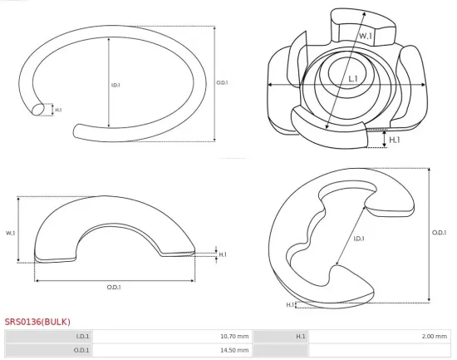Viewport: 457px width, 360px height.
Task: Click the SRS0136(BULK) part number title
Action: (x=37, y=321)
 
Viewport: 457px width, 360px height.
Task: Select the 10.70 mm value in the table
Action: (x=232, y=336)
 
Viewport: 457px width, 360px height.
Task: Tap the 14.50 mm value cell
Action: (x=232, y=350)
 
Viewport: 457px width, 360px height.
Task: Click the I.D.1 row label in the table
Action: (x=83, y=336)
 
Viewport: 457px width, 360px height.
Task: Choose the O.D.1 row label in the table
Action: (x=82, y=350)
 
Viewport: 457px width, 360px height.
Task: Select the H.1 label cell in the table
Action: (x=301, y=336)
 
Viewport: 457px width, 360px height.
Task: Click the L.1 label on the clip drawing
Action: (x=353, y=79)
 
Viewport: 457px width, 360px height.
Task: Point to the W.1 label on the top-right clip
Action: (x=366, y=37)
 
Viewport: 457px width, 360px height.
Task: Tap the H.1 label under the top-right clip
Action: (x=395, y=141)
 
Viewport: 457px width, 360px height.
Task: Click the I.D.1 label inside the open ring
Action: (x=115, y=84)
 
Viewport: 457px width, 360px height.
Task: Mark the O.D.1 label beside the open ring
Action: (x=222, y=82)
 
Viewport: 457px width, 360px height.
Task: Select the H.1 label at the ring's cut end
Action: (x=58, y=109)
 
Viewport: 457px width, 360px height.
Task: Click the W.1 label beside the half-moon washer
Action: (x=11, y=233)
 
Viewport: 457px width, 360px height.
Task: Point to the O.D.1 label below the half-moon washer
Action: (x=114, y=287)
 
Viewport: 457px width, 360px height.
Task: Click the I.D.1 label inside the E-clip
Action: (x=359, y=239)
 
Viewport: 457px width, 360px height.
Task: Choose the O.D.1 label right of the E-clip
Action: (x=438, y=233)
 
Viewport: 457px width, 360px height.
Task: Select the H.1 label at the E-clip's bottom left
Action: (x=290, y=305)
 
